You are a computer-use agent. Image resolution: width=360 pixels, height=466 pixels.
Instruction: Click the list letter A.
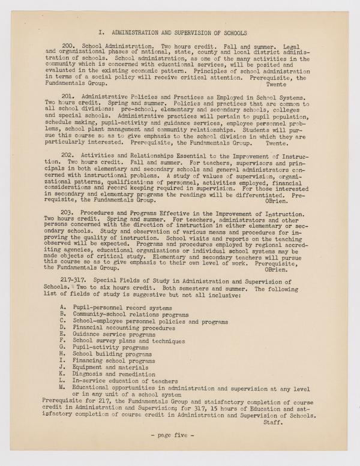(64, 306)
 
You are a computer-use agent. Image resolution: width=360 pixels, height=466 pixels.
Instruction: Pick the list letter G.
(64, 347)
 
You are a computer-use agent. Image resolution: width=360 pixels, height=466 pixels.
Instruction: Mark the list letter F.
(64, 339)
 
